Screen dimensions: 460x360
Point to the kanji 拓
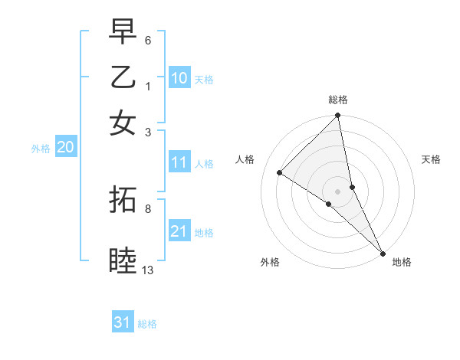123,200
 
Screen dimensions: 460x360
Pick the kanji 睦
123,260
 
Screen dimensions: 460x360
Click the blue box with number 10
179,78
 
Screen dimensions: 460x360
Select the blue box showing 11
179,162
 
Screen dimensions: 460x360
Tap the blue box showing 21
179,231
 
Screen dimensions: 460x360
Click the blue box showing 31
123,322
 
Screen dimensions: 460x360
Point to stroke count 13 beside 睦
148,270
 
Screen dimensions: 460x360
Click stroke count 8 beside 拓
148,208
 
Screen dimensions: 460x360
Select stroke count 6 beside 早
148,39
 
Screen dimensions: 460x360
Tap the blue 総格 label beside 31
147,324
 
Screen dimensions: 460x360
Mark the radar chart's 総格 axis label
338,100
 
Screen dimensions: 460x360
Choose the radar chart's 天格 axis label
432,159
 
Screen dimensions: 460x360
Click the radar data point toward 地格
383,252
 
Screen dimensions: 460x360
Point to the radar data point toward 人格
280,173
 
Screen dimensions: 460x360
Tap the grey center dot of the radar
338,191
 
